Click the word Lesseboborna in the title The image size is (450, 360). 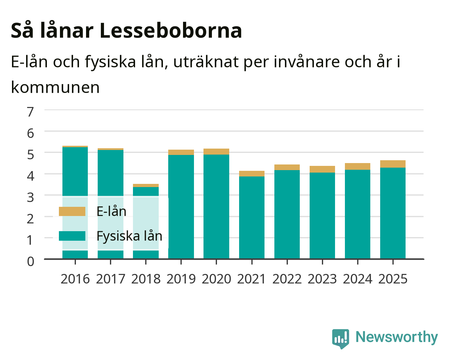(x=171, y=31)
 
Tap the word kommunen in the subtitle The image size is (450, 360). (x=55, y=87)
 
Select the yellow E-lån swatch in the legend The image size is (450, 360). (x=72, y=211)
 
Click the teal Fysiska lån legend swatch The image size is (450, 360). (x=72, y=236)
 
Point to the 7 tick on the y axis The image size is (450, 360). (x=30, y=112)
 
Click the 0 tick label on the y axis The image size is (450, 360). (x=30, y=262)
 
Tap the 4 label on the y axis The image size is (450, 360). (x=30, y=176)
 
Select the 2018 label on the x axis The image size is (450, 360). (x=146, y=279)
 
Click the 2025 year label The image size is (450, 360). (x=393, y=279)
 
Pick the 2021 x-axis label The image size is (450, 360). (x=251, y=279)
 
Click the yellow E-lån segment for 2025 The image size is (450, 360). (x=393, y=164)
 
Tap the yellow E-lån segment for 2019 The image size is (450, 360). (x=181, y=152)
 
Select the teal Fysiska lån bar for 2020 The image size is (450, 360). (x=216, y=206)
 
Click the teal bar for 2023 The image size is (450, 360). (x=322, y=216)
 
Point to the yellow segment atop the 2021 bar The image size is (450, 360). (x=252, y=174)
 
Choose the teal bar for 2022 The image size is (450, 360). (x=287, y=214)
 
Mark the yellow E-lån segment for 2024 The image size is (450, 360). (x=358, y=166)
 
